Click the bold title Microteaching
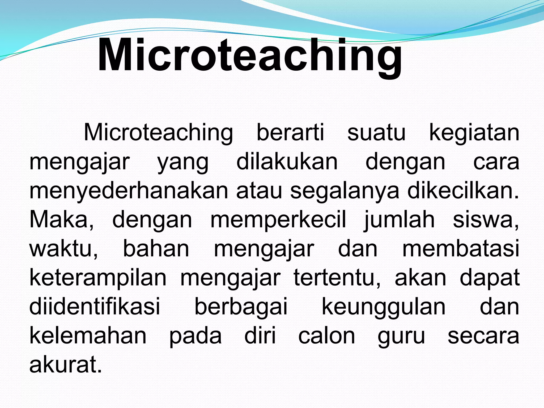pos(250,56)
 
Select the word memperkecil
pos(278,220)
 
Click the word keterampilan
pos(98,278)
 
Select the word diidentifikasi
pos(95,307)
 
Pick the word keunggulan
pos(384,307)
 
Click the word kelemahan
pos(88,336)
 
